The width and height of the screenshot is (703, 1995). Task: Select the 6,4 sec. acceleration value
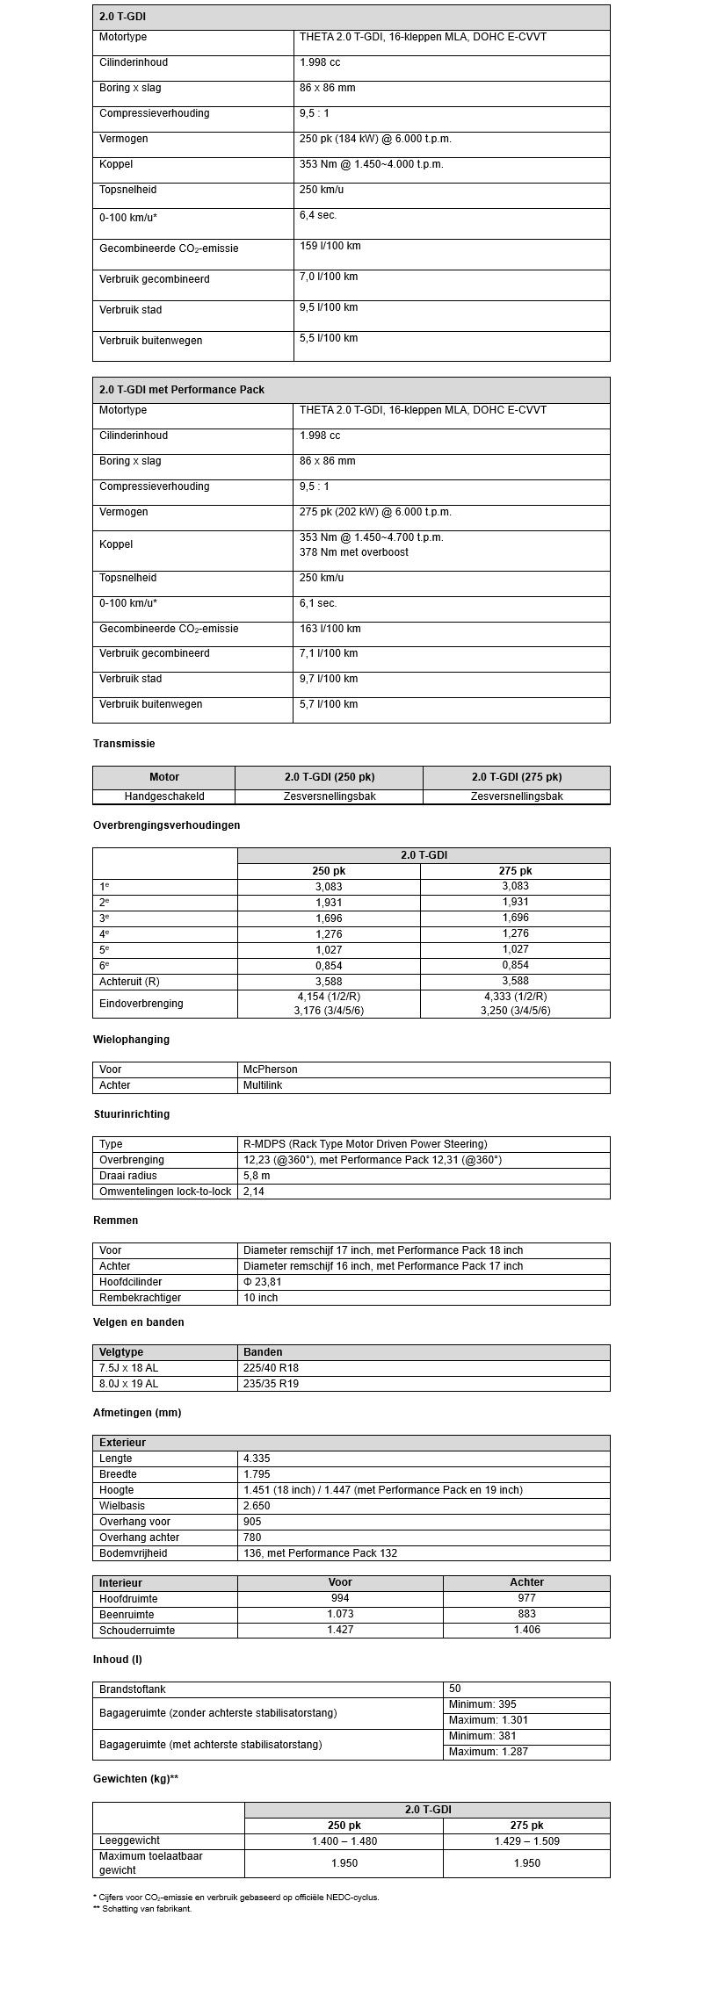click(318, 216)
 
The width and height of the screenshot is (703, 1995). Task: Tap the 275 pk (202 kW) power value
click(375, 512)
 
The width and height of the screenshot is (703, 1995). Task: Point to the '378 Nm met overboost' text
click(354, 552)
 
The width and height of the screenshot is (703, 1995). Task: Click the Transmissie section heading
click(124, 744)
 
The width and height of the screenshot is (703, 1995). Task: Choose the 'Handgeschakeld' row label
click(164, 796)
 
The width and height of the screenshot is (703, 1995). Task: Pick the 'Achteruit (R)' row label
click(129, 982)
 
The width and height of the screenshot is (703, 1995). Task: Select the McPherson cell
click(271, 1070)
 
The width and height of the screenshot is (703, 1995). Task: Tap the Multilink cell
click(263, 1085)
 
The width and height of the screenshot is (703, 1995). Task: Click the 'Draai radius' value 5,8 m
click(257, 1176)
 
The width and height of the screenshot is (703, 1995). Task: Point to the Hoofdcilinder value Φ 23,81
click(263, 1282)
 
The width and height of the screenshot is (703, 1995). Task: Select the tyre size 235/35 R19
click(272, 1384)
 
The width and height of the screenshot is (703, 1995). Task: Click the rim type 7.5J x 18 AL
click(129, 1368)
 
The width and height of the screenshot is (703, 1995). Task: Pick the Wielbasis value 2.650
click(257, 1506)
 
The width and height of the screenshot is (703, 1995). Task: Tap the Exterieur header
click(123, 1443)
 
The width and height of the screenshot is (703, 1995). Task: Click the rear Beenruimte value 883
click(526, 1615)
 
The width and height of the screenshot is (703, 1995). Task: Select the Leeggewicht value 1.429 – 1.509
click(526, 1841)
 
